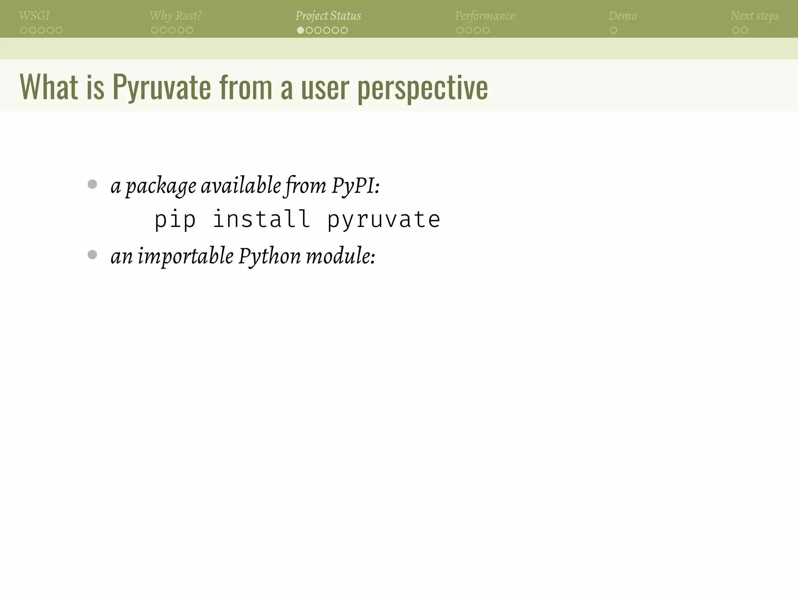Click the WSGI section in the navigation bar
click(x=34, y=16)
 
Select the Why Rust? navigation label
click(x=175, y=16)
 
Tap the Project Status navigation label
click(x=328, y=16)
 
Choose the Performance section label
click(x=484, y=16)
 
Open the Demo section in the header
click(x=622, y=16)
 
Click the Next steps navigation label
click(x=755, y=16)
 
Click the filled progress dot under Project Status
click(x=300, y=30)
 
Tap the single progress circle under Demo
click(x=613, y=30)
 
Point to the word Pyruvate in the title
click(x=161, y=87)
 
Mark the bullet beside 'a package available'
click(x=92, y=184)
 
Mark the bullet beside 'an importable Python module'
click(x=92, y=255)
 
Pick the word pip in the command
click(x=175, y=220)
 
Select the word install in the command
click(x=261, y=219)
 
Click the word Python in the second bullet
click(x=270, y=257)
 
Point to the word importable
click(x=185, y=257)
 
